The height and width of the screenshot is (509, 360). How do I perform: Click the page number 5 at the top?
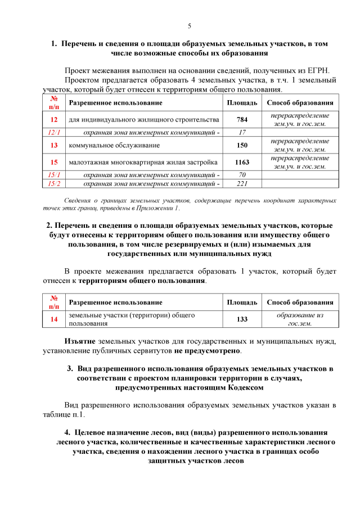click(x=190, y=26)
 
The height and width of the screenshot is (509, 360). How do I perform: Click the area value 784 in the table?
click(x=242, y=120)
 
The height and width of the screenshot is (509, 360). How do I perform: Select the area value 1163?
click(x=242, y=163)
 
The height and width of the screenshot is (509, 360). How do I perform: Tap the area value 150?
click(x=242, y=145)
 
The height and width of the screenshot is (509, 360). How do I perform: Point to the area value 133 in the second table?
click(x=242, y=319)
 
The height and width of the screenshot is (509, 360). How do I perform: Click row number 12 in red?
click(x=54, y=120)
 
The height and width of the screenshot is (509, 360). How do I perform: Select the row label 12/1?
click(x=54, y=132)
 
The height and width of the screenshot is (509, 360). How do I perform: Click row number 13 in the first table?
click(x=54, y=145)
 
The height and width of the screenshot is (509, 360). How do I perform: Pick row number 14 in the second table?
click(x=54, y=319)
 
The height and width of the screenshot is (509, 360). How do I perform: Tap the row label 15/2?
click(x=54, y=183)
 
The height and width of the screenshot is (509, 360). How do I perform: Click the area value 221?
click(x=242, y=183)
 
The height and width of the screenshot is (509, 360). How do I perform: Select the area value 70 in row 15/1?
click(x=242, y=175)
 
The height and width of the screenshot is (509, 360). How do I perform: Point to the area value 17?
click(x=242, y=132)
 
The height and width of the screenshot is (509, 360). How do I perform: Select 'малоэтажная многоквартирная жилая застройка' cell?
click(x=143, y=163)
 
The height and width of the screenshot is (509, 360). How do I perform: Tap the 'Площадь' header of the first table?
click(x=242, y=103)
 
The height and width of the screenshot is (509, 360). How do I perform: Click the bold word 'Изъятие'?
click(x=80, y=341)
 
